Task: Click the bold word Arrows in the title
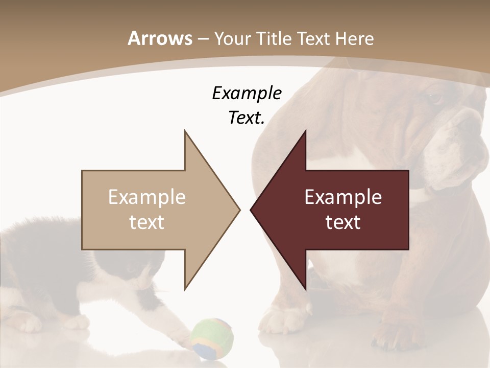[159, 38]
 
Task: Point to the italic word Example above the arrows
[247, 93]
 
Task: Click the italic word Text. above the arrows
[247, 118]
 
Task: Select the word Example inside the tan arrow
[147, 197]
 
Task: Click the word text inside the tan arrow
[147, 222]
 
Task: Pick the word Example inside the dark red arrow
[343, 197]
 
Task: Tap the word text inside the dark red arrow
[343, 222]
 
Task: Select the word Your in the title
[231, 38]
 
